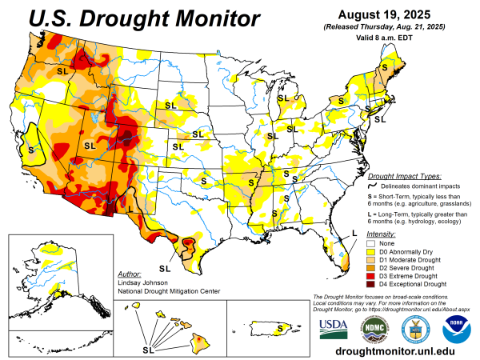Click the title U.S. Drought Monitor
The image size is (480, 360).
click(134, 18)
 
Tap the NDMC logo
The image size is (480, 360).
click(374, 326)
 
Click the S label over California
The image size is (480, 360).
click(31, 149)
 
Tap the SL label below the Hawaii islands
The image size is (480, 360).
click(149, 349)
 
